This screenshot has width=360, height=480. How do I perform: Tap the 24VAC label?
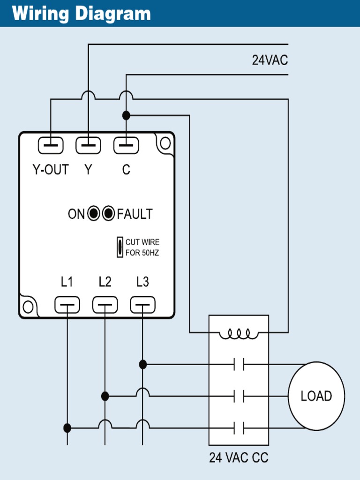[x=270, y=60]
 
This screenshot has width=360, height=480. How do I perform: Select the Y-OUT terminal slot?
[x=51, y=146]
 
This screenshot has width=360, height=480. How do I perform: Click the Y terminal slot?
[x=88, y=146]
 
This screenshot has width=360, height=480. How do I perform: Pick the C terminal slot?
[x=126, y=146]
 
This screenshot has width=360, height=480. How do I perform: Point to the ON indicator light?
[x=94, y=214]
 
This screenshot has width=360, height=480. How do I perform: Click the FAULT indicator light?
[x=109, y=214]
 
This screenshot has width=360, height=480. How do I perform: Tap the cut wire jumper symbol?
[x=120, y=247]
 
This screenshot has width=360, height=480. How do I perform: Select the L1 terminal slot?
[x=67, y=305]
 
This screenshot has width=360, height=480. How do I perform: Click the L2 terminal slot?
[x=105, y=305]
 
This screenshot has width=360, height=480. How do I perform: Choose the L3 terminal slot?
[x=142, y=305]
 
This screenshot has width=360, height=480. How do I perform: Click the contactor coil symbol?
[x=239, y=334]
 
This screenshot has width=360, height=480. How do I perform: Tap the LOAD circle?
[x=316, y=396]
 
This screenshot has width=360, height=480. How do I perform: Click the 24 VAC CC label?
[x=239, y=457]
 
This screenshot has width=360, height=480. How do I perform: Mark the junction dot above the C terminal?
[x=126, y=115]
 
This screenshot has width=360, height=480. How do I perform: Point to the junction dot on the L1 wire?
[x=67, y=428]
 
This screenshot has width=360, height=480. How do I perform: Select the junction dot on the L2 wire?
[x=105, y=397]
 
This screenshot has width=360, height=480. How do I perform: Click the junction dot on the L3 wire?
[x=143, y=364]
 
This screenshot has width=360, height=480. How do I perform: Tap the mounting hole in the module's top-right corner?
[x=165, y=143]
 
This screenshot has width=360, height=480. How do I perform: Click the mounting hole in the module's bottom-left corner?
[x=28, y=307]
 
